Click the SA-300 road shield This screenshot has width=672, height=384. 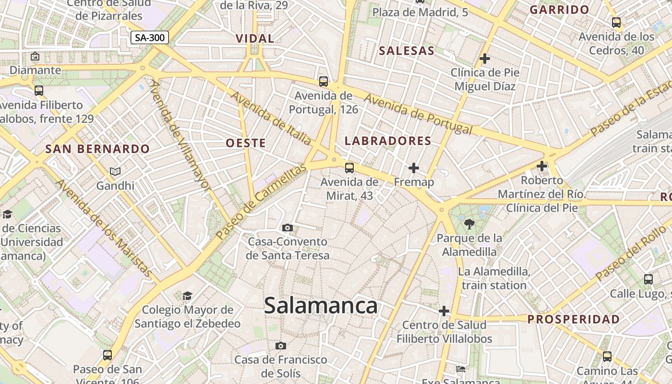(x=150, y=37)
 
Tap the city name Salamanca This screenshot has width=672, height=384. (x=321, y=305)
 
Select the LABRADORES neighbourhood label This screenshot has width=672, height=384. (x=388, y=141)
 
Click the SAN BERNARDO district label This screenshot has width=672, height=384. (x=97, y=149)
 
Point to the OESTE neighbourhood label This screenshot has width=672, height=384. (x=246, y=143)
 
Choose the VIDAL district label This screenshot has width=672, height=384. (x=255, y=38)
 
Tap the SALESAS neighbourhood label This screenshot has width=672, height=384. (x=407, y=50)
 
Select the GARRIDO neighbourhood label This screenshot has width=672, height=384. (x=559, y=10)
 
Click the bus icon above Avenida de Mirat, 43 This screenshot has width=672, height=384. (x=349, y=168)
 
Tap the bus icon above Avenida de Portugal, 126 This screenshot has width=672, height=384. (x=324, y=82)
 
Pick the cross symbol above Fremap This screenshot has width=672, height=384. (x=413, y=168)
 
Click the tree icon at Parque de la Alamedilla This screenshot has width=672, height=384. (x=469, y=224)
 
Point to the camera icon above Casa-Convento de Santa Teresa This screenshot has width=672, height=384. (x=288, y=228)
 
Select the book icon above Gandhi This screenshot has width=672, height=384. (x=115, y=171)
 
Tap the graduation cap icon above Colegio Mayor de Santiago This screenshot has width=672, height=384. (x=187, y=296)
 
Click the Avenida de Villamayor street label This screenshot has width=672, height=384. (x=180, y=135)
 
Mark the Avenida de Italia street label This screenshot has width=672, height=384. (x=271, y=117)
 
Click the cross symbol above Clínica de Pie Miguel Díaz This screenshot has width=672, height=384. (x=485, y=59)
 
